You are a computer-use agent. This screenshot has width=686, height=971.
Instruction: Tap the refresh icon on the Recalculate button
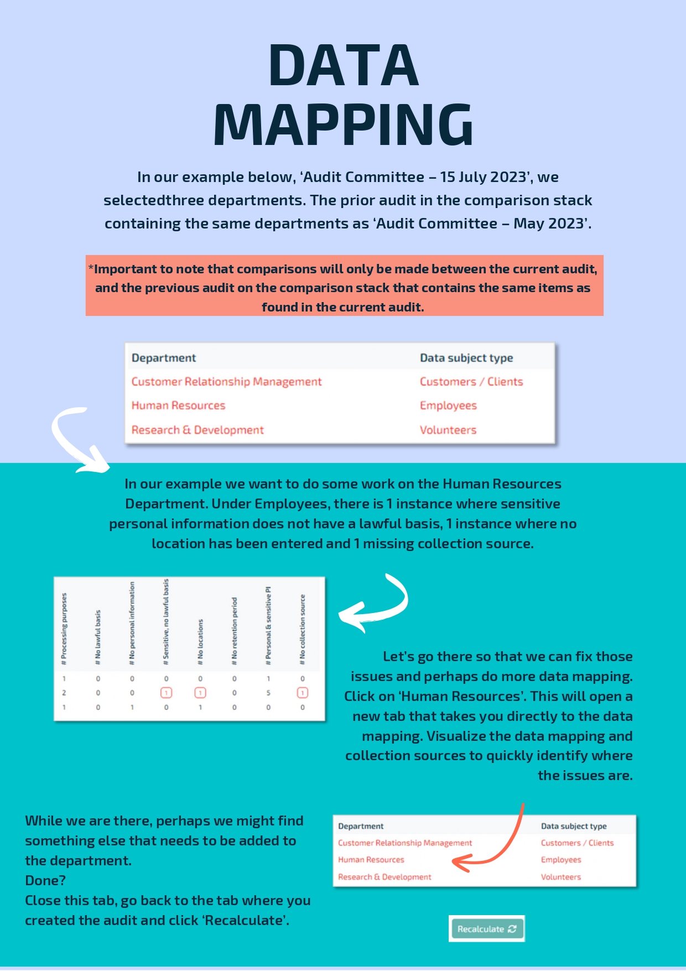pos(512,929)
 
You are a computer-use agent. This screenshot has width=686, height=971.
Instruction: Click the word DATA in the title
pos(343,66)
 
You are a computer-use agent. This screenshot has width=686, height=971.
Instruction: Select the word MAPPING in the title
pos(343,125)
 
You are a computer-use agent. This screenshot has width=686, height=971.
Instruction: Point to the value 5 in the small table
pos(268,693)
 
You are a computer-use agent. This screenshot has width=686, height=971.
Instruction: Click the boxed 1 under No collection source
pos(303,693)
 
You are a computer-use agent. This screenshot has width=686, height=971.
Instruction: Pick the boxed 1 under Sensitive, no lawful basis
pos(166,693)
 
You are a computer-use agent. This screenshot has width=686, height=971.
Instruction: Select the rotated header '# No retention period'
pos(235,631)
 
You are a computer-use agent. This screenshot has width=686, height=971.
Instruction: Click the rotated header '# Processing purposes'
pos(64,629)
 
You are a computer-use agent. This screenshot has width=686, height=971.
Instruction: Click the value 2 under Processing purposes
pos(64,693)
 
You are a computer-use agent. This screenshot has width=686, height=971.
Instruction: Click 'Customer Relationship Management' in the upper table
pos(226,382)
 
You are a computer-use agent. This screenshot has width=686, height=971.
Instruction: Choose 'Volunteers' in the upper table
pos(448,430)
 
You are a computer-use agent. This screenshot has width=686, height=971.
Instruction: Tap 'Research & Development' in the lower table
pos(384,877)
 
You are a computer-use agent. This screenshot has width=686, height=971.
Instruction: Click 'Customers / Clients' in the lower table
pos(577,843)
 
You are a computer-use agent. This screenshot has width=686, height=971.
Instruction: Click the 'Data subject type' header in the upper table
pos(466,358)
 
